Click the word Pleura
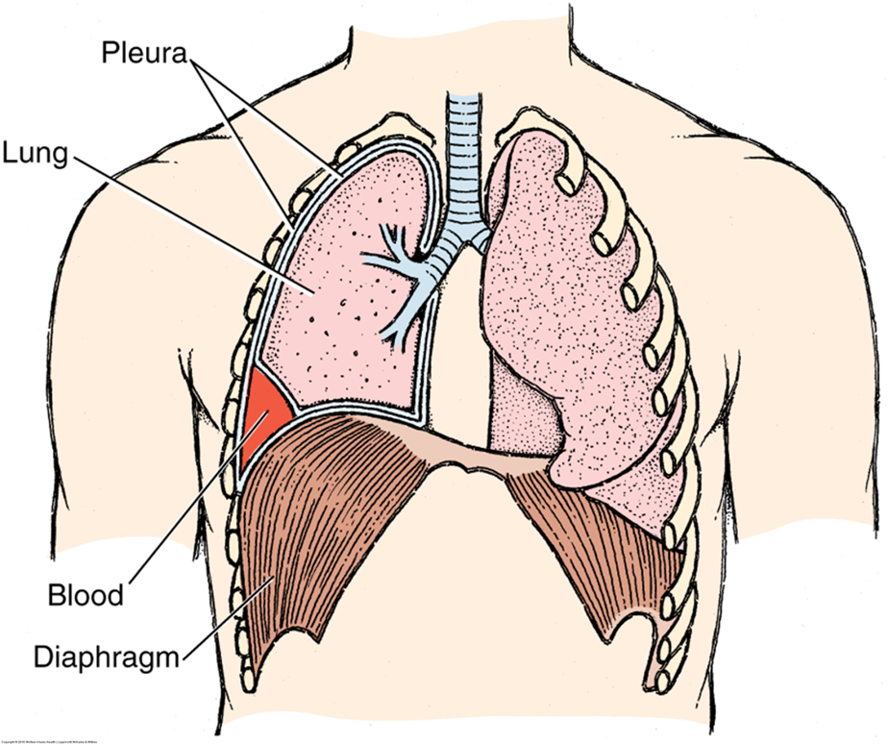coord(145,52)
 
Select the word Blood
coord(86,595)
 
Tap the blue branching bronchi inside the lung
coord(399,279)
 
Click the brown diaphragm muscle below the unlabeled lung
coord(586,548)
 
